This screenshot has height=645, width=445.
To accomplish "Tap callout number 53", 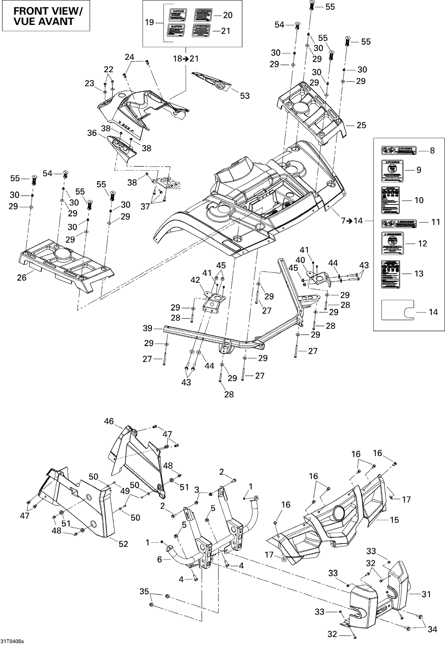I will click(245, 96).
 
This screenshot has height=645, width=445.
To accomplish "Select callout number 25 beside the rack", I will click(361, 125).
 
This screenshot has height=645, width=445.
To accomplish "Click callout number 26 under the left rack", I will click(22, 278).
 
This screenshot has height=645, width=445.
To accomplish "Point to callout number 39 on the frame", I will click(147, 328).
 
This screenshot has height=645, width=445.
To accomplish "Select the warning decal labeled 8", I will click(399, 150).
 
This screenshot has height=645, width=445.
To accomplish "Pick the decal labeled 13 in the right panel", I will click(390, 274).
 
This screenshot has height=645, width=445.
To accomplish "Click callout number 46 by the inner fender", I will click(109, 421).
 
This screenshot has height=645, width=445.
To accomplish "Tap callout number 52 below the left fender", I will click(123, 544).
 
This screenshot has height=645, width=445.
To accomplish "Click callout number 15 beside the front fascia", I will click(394, 520).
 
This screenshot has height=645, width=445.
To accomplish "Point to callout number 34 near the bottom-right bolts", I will click(433, 629).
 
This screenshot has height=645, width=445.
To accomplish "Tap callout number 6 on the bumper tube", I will click(159, 559).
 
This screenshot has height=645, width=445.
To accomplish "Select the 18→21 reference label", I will click(186, 59).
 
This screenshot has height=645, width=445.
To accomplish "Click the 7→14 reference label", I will click(352, 221).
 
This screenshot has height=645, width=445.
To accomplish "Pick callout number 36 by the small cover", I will click(92, 133).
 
